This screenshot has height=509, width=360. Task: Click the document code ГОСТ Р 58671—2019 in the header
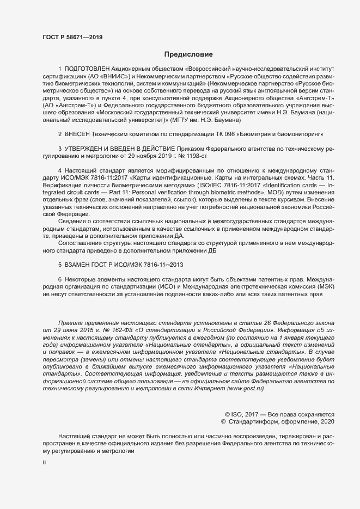click(72, 38)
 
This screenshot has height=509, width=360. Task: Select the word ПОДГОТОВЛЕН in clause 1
click(87, 70)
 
